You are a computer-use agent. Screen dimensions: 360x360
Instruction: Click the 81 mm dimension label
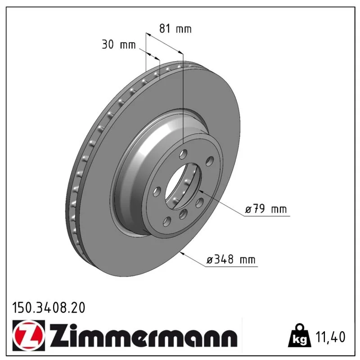coord(175,29)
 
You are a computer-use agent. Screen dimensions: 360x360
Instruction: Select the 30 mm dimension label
coord(119,44)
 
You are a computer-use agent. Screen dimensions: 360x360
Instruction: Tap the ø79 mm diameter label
coord(266,209)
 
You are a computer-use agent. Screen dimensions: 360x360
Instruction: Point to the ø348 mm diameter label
coord(231,260)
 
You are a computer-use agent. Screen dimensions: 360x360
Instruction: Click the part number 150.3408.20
coord(49,308)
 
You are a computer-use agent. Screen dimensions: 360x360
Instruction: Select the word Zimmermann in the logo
coord(144,335)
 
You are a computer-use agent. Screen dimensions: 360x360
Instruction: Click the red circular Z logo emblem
coord(29,335)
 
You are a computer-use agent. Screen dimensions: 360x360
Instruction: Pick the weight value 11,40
coord(330,337)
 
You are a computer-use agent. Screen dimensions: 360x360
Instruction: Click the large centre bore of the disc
coord(183,186)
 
